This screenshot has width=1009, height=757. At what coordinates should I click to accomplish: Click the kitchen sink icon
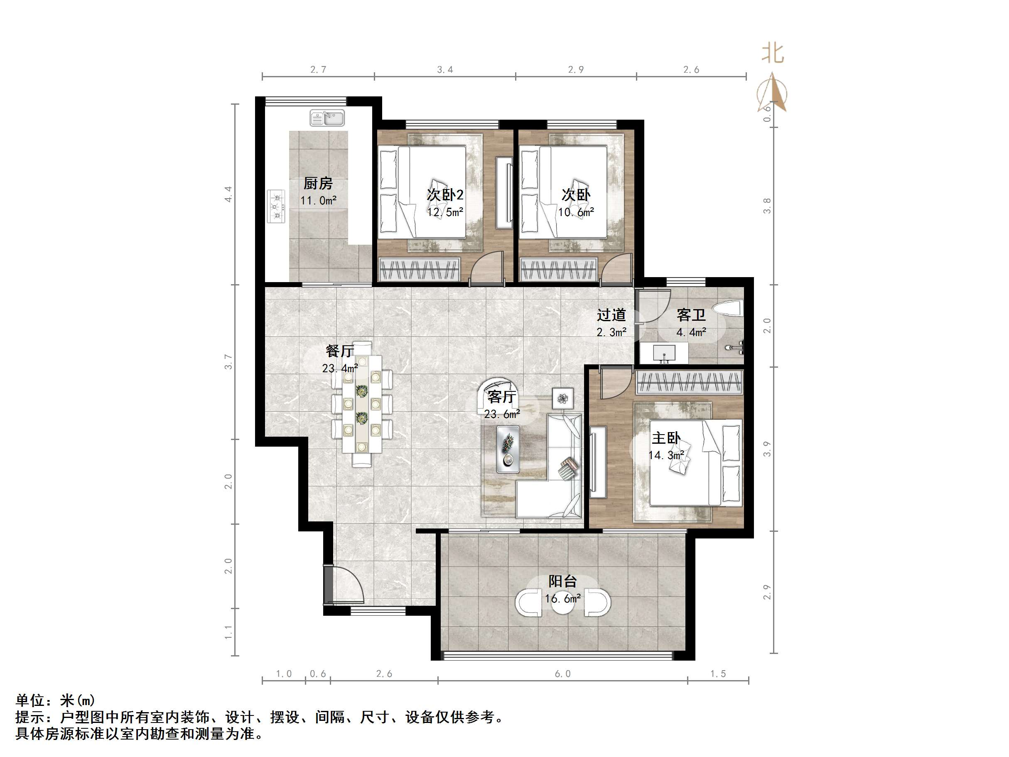[327, 118]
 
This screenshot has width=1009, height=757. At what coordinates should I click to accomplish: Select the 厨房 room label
[318, 183]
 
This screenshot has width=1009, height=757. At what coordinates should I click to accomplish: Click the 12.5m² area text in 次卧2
[445, 212]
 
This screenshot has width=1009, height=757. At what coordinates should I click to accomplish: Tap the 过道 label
[611, 315]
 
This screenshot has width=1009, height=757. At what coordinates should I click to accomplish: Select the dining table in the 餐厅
[362, 404]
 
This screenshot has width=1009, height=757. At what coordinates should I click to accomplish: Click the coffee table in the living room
[508, 450]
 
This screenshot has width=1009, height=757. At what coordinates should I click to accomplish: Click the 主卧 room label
[666, 438]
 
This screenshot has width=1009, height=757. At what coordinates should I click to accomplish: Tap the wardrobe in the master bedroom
[689, 382]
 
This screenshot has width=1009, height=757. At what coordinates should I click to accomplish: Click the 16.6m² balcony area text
[562, 599]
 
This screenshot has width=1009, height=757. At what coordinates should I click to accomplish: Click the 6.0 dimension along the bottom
[562, 674]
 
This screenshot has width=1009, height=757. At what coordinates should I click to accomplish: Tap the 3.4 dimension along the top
[445, 70]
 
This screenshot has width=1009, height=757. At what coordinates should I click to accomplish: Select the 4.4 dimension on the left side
[228, 194]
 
